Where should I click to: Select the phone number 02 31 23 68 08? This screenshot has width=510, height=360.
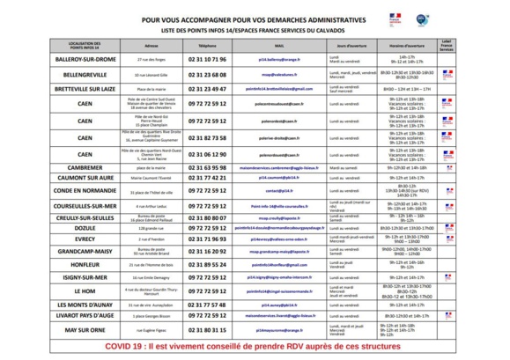click(206, 75)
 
